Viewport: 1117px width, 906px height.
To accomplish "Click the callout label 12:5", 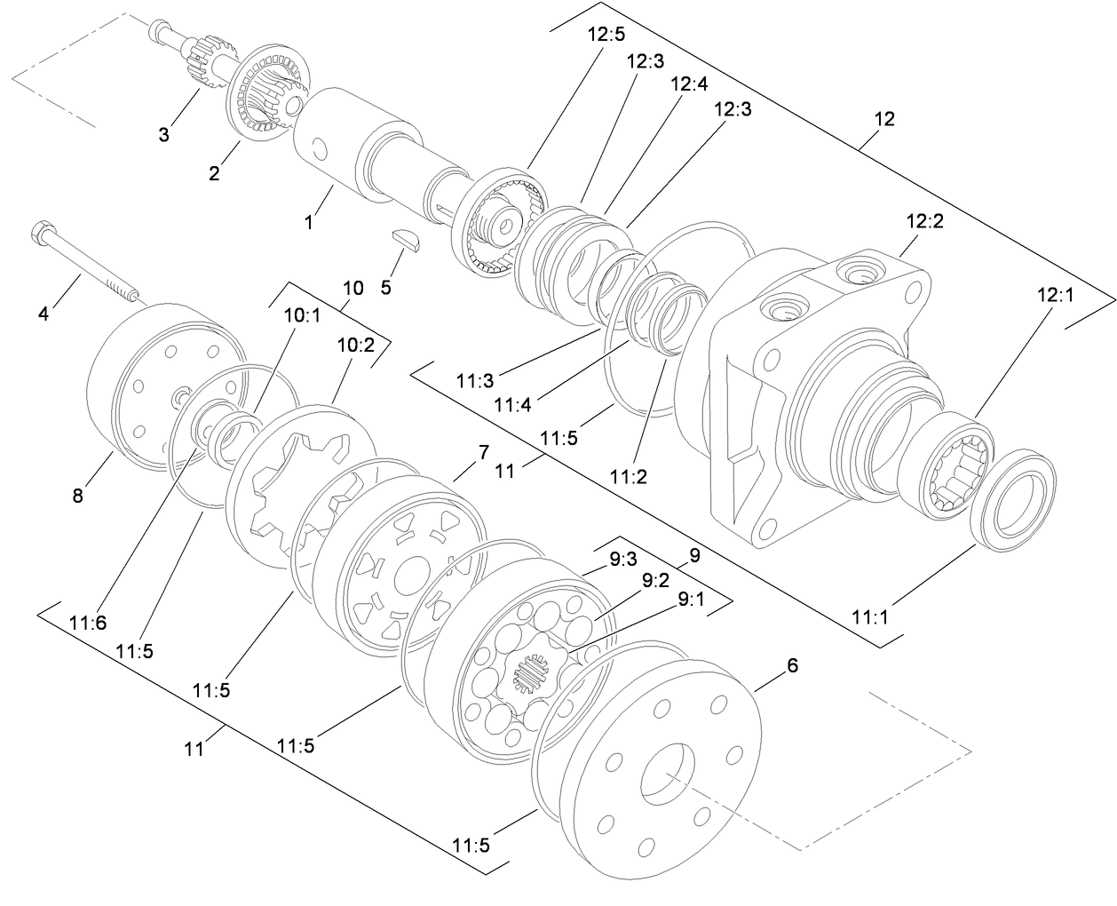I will (606, 36).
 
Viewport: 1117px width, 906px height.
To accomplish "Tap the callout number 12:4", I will (689, 84).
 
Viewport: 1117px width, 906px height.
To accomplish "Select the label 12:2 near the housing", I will (924, 221).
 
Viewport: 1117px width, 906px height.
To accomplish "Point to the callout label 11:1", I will (870, 616).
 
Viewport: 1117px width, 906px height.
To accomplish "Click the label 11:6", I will (87, 624).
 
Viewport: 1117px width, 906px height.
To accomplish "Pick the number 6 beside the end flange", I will (792, 665).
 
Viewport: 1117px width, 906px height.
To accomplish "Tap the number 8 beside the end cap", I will (78, 496).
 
